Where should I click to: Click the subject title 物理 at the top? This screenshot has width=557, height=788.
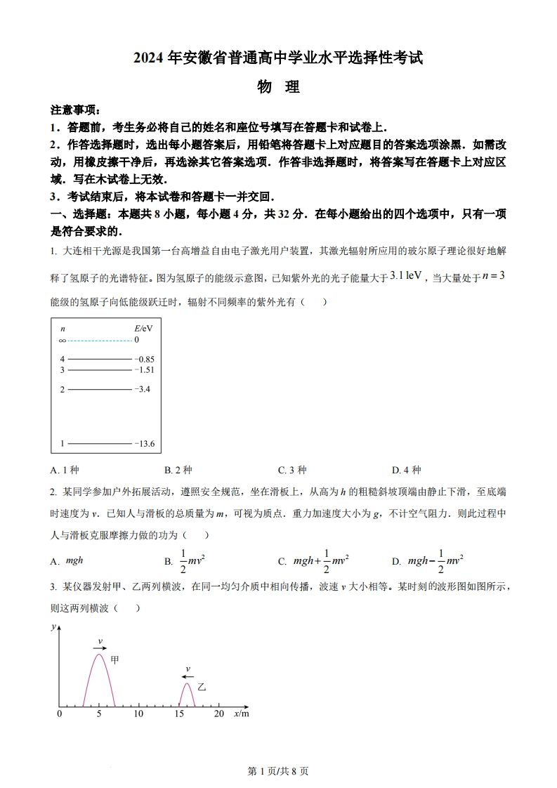coord(278,87)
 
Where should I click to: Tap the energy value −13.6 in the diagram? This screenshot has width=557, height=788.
coord(145,444)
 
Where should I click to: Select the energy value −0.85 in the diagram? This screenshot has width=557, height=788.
coord(145,359)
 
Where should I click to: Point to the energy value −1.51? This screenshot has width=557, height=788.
coord(145,369)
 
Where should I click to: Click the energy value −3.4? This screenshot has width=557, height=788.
coord(143,389)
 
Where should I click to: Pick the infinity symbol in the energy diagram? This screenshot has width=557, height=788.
coord(63,340)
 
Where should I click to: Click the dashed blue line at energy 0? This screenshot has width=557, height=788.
coord(99,340)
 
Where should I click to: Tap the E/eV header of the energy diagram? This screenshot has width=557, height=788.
coord(143,328)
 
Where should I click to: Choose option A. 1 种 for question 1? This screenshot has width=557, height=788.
coord(65,470)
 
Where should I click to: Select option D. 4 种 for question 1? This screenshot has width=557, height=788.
coord(406,470)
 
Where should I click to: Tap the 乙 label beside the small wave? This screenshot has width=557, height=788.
coord(202,686)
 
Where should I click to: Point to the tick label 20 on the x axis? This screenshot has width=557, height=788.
coord(218,714)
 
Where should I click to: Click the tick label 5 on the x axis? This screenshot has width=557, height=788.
coord(99,714)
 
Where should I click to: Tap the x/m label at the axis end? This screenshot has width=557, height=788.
coord(241,714)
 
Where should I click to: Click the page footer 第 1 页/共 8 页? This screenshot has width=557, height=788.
coord(278,770)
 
